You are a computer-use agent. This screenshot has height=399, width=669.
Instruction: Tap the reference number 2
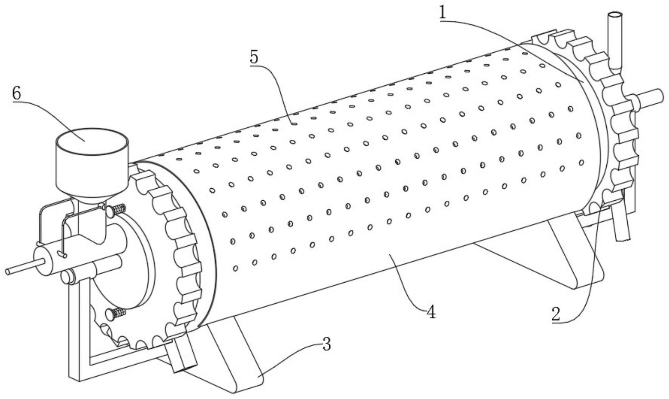556,314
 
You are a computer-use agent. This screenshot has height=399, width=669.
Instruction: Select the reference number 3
326,344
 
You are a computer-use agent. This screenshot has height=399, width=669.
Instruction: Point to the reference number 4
431,312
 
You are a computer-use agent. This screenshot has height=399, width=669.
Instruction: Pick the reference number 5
254,57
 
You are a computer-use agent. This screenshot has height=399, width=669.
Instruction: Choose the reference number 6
17,93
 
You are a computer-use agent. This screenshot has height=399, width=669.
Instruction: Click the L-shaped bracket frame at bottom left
79,344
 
